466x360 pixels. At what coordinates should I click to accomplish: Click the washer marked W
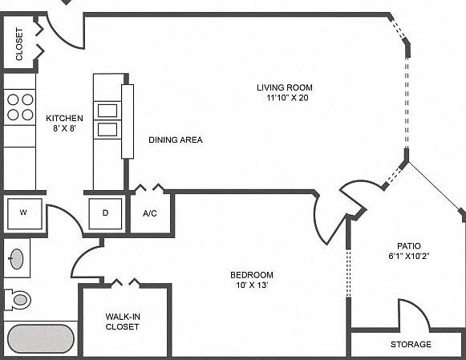click(x=24, y=214)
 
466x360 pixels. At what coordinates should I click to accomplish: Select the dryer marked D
click(x=105, y=214)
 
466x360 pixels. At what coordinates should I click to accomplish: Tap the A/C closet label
click(x=150, y=213)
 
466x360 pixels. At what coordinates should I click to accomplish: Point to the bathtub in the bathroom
click(x=41, y=339)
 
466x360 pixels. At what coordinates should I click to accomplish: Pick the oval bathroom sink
click(x=16, y=259)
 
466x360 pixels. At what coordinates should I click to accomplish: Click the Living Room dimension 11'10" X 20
click(x=287, y=98)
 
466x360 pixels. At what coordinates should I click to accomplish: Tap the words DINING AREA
click(x=176, y=140)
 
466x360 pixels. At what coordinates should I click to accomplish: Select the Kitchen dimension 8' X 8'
click(x=64, y=128)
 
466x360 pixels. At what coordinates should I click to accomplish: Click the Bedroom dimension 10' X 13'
click(x=252, y=285)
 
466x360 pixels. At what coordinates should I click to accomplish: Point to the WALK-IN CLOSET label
click(x=123, y=322)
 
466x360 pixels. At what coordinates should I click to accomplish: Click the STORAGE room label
click(x=411, y=344)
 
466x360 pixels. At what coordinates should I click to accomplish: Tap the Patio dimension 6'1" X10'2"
click(x=409, y=256)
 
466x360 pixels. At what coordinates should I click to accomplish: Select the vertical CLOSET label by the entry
click(x=19, y=44)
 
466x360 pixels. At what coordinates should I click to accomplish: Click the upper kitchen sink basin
click(x=107, y=111)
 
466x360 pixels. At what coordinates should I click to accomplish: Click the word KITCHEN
click(x=64, y=118)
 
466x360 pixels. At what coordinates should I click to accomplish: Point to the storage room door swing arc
click(x=420, y=309)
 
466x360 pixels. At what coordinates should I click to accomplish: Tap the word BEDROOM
click(x=252, y=275)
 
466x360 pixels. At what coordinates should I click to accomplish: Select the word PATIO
click(x=409, y=246)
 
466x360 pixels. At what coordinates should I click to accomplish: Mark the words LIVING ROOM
click(x=285, y=87)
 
